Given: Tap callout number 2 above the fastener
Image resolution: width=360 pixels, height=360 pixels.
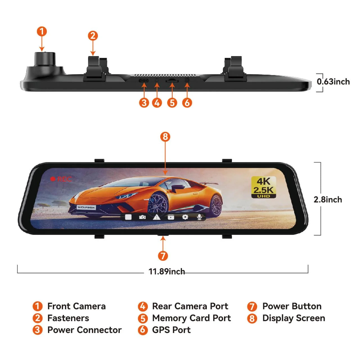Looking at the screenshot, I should tap(93, 36).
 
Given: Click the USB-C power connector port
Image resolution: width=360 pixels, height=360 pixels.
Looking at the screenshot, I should tap(144, 80).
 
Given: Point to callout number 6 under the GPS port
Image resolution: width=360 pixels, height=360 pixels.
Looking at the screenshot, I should tap(187, 103).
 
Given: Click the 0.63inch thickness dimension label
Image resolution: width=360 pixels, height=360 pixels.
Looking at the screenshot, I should tap(333, 82).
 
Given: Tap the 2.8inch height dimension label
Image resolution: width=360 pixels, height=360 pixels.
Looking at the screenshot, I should tap(328, 199).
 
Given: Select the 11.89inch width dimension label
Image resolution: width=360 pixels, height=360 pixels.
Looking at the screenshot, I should tap(166, 271).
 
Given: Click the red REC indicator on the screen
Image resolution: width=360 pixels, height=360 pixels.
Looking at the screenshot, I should tap(61, 179).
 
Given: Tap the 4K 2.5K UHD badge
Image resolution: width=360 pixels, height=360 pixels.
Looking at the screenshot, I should tap(264, 187).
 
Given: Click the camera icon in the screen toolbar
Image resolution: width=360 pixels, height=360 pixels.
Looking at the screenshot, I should tap(142, 217).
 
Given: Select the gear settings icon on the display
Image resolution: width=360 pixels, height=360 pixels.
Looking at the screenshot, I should tap(185, 217).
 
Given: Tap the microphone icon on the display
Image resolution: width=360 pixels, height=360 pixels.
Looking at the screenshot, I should tap(199, 217).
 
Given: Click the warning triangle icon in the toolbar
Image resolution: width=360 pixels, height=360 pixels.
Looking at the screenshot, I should tap(157, 217).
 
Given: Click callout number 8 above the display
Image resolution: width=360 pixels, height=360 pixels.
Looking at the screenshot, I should tap(165, 137).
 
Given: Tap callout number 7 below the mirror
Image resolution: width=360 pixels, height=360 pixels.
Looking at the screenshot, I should tap(163, 256).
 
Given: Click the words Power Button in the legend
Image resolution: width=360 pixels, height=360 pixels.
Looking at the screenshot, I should tap(292, 306).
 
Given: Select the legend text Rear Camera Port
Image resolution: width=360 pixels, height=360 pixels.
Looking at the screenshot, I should tap(190, 306).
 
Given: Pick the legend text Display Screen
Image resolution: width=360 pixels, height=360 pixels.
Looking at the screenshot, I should tap(294, 318).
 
